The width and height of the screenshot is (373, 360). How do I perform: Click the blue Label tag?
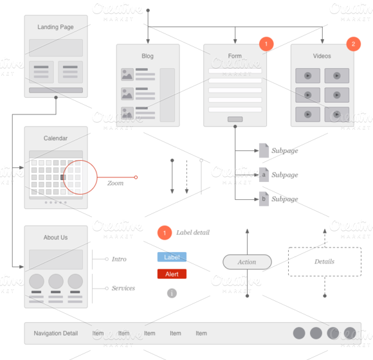172,256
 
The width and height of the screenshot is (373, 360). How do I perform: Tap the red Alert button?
172,274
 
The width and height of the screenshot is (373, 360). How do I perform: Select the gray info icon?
172,293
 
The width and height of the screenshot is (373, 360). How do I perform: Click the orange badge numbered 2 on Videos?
353,44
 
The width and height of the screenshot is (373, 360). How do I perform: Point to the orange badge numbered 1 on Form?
266,44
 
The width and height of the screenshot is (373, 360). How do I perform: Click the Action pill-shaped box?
247,262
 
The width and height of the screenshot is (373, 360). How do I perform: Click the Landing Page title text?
55,27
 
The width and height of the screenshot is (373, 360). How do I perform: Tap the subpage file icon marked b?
264,199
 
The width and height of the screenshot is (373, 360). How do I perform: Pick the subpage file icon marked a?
264,174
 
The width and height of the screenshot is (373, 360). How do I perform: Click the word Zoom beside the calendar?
115,183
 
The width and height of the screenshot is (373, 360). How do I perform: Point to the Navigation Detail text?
56,333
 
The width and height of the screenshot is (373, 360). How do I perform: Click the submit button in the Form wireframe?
235,119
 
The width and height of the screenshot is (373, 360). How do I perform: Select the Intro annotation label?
119,259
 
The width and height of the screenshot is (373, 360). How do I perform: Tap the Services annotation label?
123,288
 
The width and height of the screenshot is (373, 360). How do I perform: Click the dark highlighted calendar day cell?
63,177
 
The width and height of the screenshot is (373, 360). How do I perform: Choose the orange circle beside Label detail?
165,233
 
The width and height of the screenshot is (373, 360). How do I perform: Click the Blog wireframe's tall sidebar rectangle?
167,95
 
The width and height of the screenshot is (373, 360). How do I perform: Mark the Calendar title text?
55,138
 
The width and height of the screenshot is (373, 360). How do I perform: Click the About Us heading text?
55,237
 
